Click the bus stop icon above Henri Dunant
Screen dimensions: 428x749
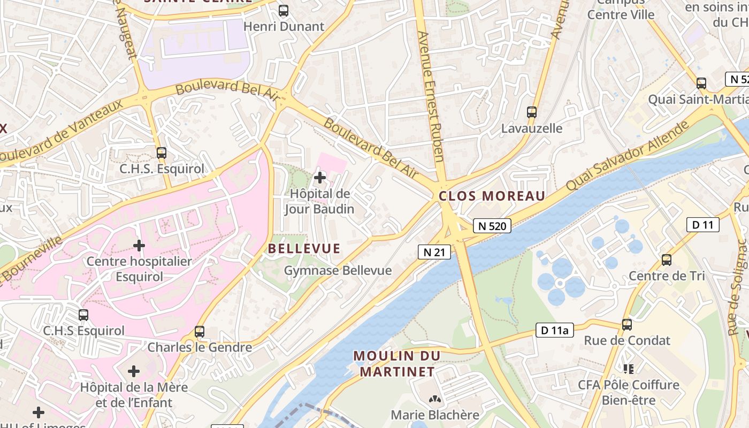284,10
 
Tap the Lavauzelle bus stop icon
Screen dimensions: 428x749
531,112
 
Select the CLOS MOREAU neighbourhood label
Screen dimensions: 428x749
492,196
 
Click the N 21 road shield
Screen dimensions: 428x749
434,252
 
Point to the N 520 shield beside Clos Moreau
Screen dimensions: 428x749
492,226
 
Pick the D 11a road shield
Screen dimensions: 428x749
554,330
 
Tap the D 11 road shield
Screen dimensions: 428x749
702,225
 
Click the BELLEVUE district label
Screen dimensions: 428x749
304,248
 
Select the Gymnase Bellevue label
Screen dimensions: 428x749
338,271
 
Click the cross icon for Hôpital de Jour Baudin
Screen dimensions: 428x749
320,177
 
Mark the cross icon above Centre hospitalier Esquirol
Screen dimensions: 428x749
139,246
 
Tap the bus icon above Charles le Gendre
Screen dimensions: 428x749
200,331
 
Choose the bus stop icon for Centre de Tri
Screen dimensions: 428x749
666,260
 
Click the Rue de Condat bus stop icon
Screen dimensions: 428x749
626,324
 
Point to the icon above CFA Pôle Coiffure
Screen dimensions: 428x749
628,369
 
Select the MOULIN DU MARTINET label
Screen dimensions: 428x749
396,363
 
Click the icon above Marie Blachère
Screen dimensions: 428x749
434,399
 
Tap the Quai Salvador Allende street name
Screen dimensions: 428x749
627,155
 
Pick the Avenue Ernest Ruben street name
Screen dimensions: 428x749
431,96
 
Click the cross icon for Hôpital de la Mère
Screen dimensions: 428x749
134,371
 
